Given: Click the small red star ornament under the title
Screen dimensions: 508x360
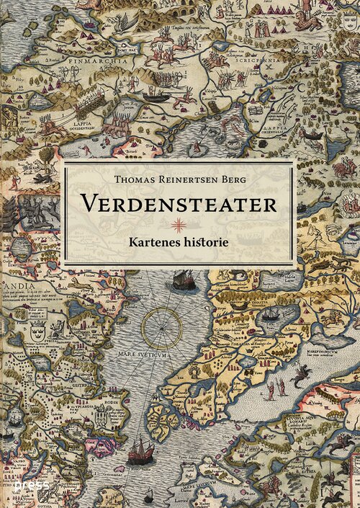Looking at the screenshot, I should pos(179,223).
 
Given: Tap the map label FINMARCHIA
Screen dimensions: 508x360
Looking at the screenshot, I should pos(90,61).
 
